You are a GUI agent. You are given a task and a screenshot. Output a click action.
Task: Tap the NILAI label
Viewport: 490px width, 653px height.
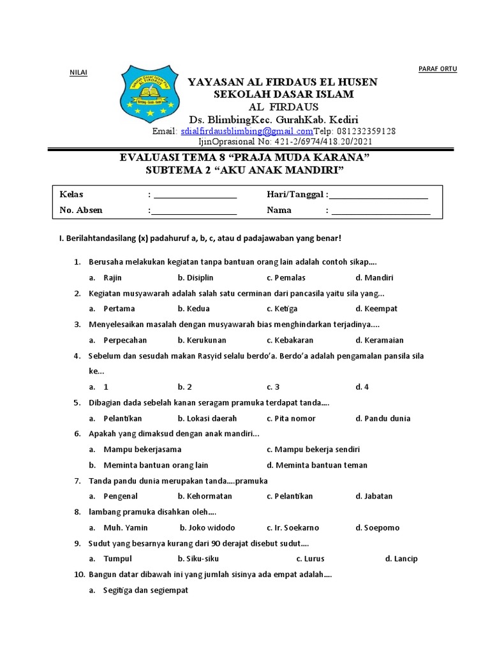pyautogui.click(x=78, y=72)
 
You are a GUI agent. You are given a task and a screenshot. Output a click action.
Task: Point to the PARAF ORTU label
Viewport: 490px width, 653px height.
pyautogui.click(x=437, y=69)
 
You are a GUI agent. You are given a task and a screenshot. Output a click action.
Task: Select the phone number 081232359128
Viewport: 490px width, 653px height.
pyautogui.click(x=366, y=131)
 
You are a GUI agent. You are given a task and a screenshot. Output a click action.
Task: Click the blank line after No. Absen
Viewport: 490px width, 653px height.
pyautogui.click(x=194, y=211)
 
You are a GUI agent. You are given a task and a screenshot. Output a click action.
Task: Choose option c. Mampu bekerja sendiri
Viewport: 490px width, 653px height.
pyautogui.click(x=313, y=450)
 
